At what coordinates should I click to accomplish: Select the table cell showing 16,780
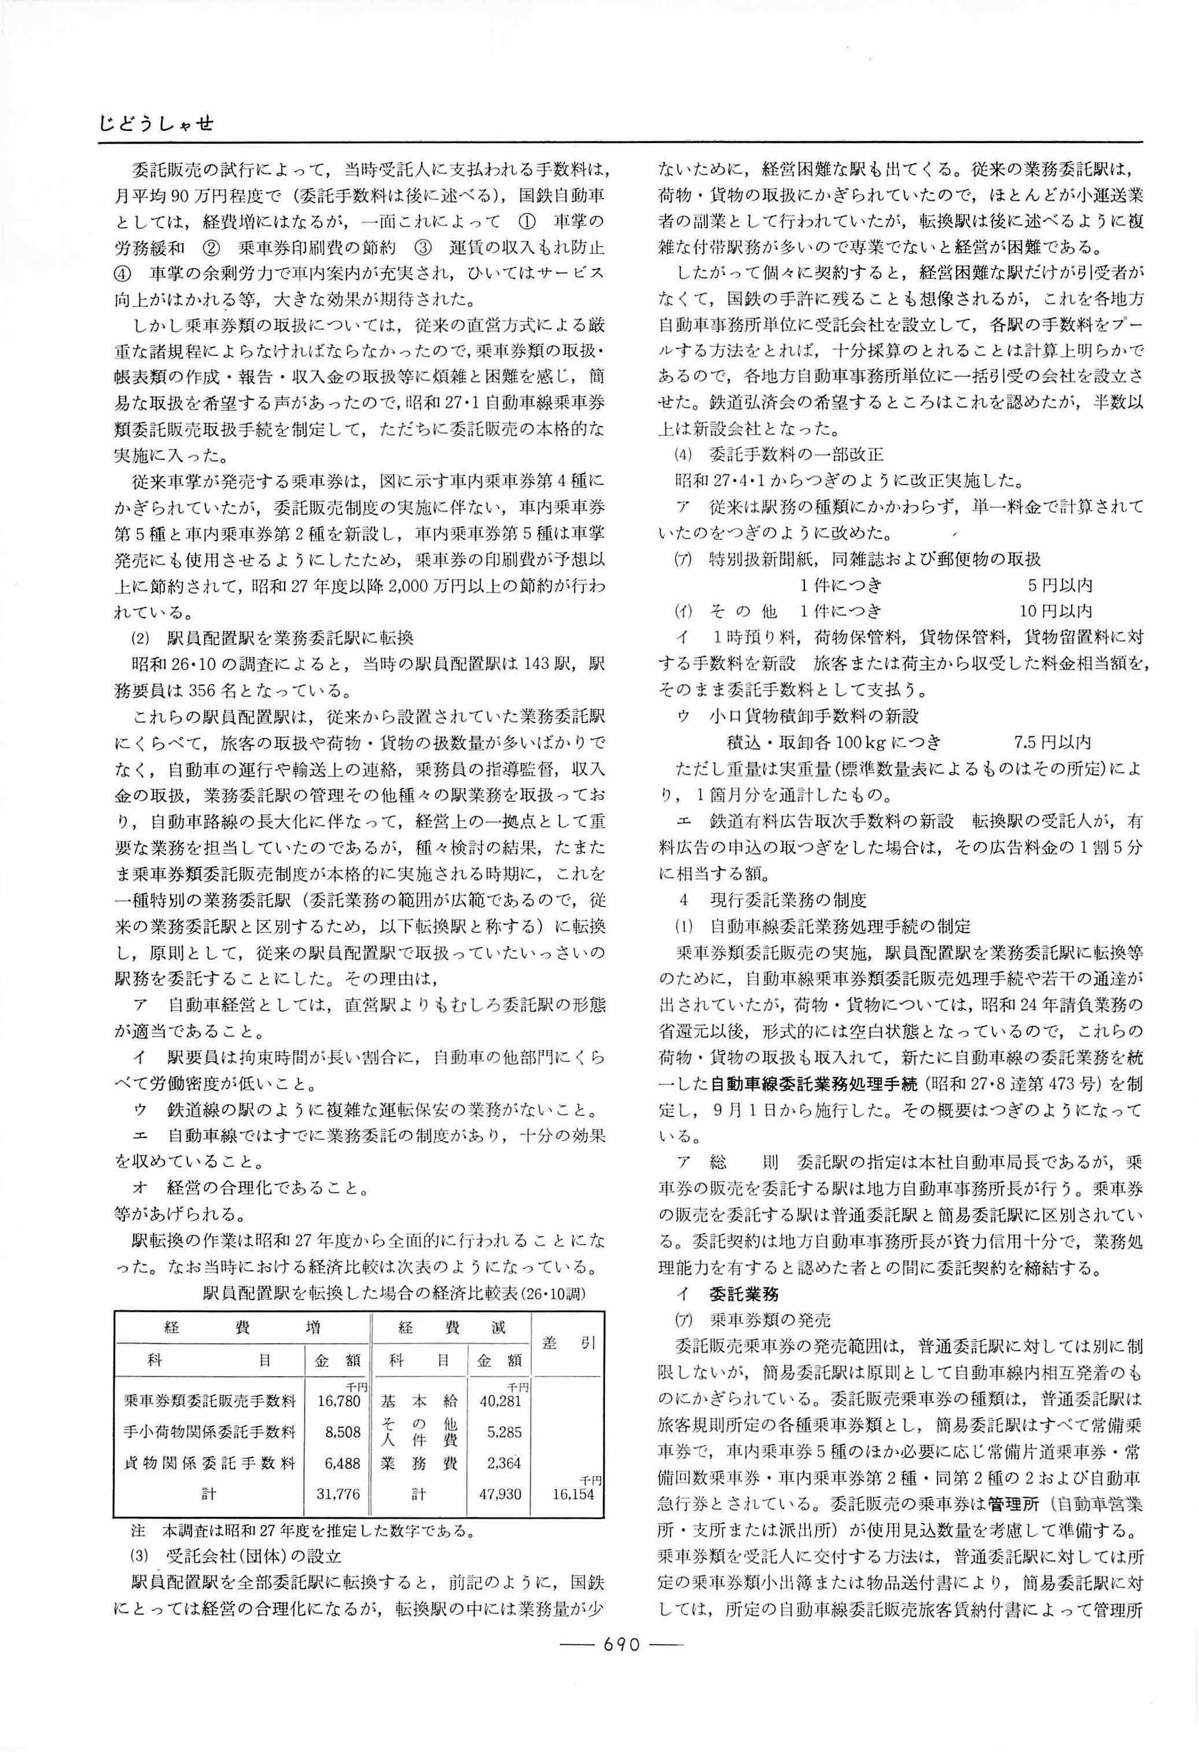click(x=339, y=1401)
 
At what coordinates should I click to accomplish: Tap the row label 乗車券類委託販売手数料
click(x=209, y=1401)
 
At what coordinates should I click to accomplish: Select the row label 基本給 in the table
click(x=419, y=1401)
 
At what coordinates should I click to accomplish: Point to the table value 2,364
click(x=503, y=1463)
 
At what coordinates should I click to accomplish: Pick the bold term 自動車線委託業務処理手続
click(x=815, y=1084)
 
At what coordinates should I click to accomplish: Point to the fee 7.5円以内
click(x=1052, y=742)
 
